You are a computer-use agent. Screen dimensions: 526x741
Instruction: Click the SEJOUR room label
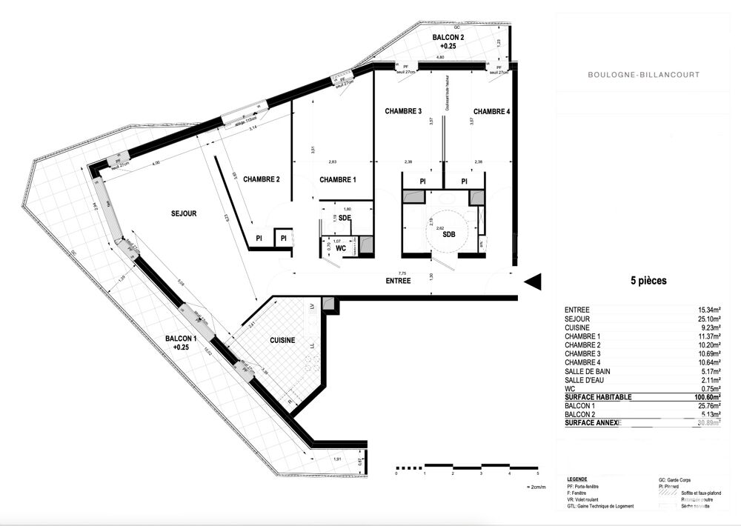point(182,213)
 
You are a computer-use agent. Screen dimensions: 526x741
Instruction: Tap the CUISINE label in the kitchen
point(282,340)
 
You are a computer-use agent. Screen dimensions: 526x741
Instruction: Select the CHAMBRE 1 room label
point(338,179)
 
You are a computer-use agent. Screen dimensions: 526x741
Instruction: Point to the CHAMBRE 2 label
point(261,179)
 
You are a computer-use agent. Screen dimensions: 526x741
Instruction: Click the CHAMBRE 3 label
point(403,111)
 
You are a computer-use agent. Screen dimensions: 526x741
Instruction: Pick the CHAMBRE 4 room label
point(491,111)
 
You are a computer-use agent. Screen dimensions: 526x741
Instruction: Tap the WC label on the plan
point(341,248)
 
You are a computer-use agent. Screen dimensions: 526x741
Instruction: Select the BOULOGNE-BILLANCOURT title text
point(642,75)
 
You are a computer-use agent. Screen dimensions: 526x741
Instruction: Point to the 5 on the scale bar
point(538,473)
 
